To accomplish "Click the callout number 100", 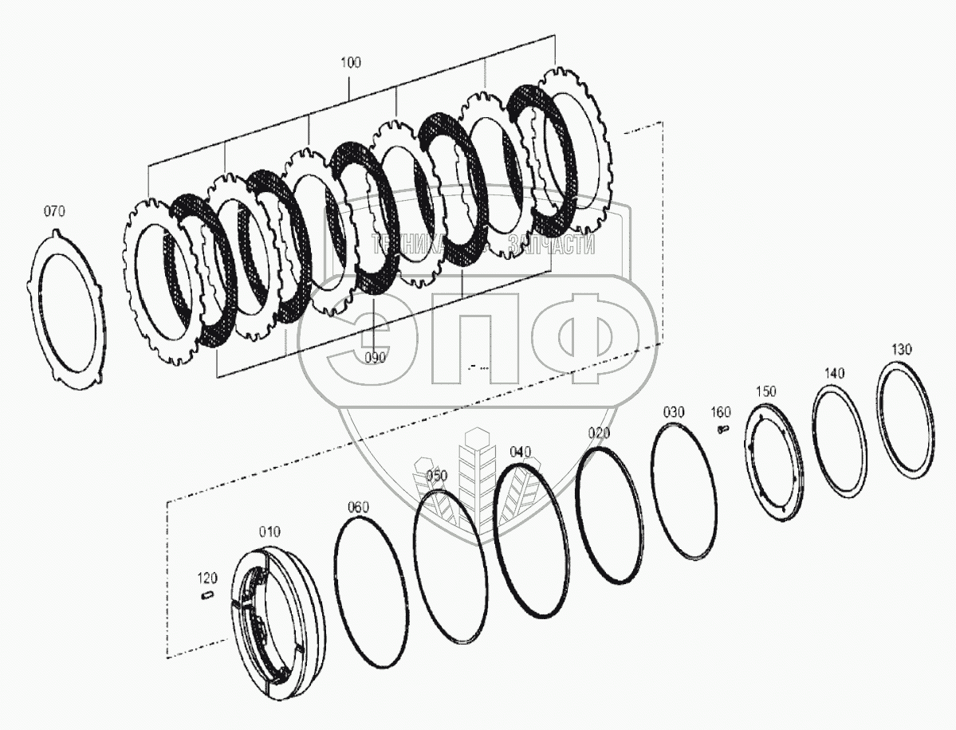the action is pyautogui.click(x=351, y=62).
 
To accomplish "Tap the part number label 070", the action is pyautogui.click(x=54, y=211).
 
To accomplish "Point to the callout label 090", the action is pyautogui.click(x=376, y=358).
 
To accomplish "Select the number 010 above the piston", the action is pyautogui.click(x=269, y=532).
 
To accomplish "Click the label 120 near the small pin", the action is pyautogui.click(x=207, y=578).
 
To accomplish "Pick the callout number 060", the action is pyautogui.click(x=358, y=507).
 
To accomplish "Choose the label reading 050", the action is pyautogui.click(x=437, y=475).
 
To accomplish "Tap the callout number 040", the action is pyautogui.click(x=520, y=452).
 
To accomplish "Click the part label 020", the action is pyautogui.click(x=599, y=433).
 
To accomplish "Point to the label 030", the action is pyautogui.click(x=674, y=413).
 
